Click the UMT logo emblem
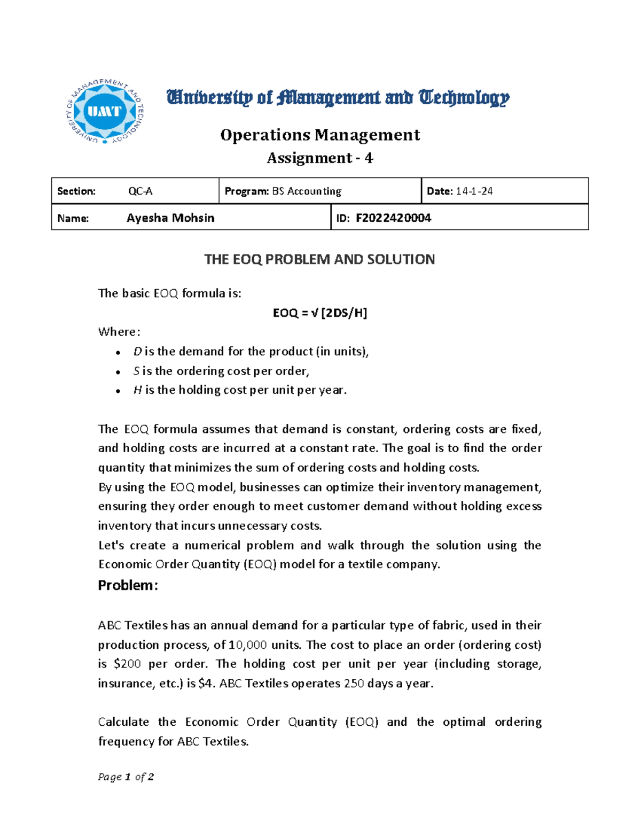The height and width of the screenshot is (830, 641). [x=105, y=111]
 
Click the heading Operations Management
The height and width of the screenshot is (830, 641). [x=320, y=135]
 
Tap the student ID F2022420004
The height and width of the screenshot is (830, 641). [x=393, y=218]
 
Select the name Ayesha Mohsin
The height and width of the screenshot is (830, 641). [x=170, y=218]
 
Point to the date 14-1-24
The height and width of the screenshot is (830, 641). [x=474, y=191]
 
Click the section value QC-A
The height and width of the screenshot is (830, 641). [x=140, y=191]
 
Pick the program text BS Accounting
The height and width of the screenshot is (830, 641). [x=307, y=191]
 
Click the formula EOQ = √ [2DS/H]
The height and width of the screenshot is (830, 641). [x=320, y=313]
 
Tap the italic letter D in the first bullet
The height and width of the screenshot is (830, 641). [x=137, y=352]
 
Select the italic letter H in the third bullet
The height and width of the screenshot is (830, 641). [x=137, y=390]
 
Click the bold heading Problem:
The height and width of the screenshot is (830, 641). [x=128, y=585]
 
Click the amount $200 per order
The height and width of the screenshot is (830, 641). [x=128, y=664]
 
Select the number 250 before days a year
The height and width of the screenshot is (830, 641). [x=354, y=684]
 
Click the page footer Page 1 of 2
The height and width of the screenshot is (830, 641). [x=126, y=777]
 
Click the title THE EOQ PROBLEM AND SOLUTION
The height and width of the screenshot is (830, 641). [x=319, y=260]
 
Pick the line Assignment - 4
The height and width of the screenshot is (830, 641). [x=319, y=158]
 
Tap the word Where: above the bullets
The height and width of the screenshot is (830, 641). [x=119, y=332]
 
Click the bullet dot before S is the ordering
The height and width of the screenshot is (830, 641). [x=118, y=372]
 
